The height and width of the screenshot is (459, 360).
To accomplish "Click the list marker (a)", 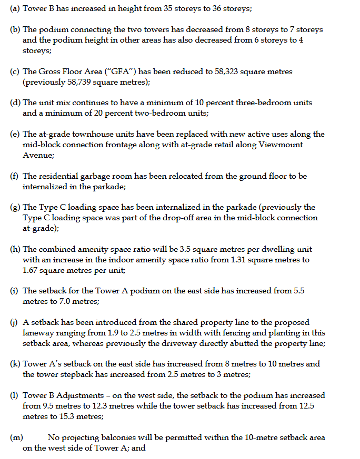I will point(15,9).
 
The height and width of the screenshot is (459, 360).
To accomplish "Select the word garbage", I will point(100,176).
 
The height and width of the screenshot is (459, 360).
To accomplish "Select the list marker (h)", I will point(16,249).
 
